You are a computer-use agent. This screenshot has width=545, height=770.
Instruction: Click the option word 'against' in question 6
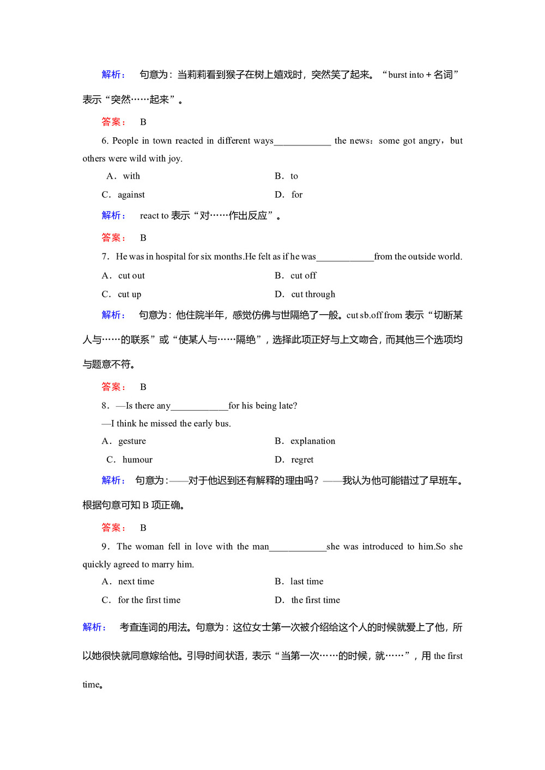[x=131, y=195]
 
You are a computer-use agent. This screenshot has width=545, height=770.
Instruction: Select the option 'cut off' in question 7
[x=303, y=276]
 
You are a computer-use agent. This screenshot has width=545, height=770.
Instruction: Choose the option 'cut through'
[x=313, y=295]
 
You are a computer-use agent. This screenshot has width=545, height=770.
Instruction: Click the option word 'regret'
[x=302, y=460]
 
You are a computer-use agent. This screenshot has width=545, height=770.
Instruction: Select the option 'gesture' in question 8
[x=132, y=441]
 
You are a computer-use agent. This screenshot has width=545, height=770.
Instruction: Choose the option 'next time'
[x=136, y=582]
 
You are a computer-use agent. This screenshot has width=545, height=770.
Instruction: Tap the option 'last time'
[x=306, y=582]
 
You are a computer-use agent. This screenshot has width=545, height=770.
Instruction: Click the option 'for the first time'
[x=149, y=600]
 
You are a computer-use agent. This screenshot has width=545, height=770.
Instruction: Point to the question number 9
[x=105, y=547]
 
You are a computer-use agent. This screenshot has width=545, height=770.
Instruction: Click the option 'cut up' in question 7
[x=129, y=295]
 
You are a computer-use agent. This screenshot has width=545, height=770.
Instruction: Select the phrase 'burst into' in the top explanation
[x=405, y=75]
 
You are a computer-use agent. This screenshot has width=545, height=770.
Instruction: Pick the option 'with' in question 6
[x=131, y=176]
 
